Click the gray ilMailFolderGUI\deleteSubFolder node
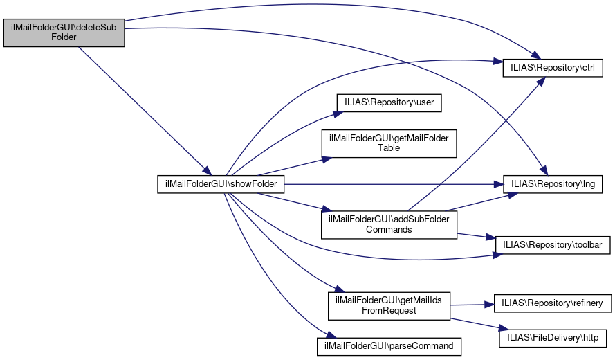click(x=64, y=33)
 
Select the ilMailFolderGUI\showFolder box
click(x=221, y=184)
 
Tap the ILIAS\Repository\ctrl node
click(x=553, y=68)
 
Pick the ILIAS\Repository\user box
click(x=389, y=103)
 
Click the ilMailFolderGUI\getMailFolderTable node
click(x=389, y=144)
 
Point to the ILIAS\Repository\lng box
click(x=553, y=184)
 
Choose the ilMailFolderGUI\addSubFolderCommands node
click(x=389, y=224)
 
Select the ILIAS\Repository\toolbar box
click(x=552, y=245)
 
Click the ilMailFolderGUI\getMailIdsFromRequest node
click(x=389, y=306)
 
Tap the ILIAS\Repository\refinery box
click(x=552, y=303)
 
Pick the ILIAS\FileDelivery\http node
click(x=553, y=338)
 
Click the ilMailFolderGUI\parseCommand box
click(x=389, y=347)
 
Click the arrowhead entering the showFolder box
click(x=207, y=171)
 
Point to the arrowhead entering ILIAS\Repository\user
click(x=338, y=114)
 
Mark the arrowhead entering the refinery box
click(x=490, y=304)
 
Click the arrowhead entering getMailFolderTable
click(x=327, y=159)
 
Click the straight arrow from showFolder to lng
click(x=394, y=184)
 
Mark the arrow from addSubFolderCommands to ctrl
click(x=476, y=144)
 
